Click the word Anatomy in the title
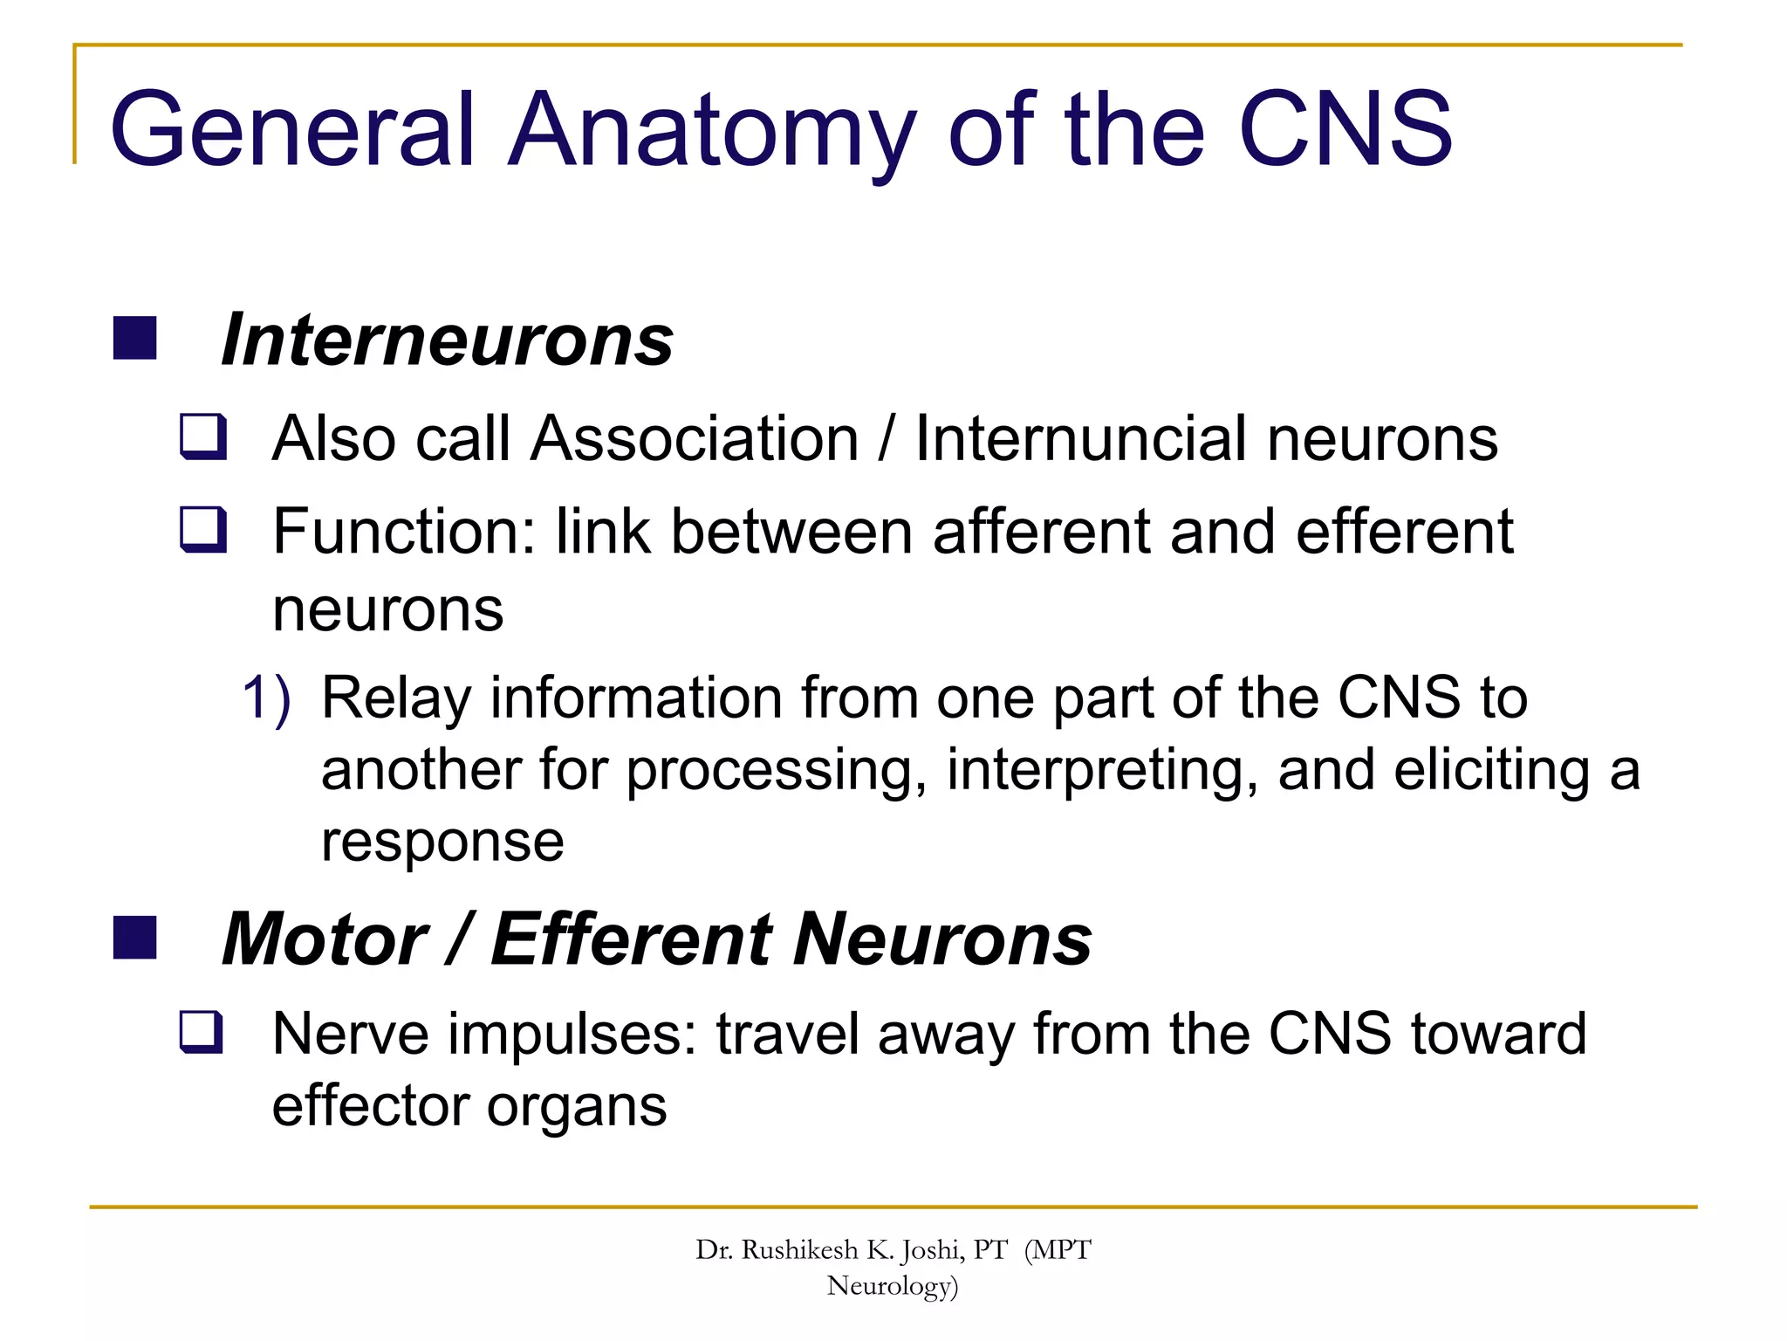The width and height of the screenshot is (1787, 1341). coord(711,131)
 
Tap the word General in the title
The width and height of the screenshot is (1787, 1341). coord(293,131)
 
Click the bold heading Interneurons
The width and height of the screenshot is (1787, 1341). coord(447,340)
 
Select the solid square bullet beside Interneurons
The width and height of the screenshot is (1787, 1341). coord(134,339)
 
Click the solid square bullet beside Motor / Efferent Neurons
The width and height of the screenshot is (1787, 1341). coord(134,938)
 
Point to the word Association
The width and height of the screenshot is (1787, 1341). coord(695,438)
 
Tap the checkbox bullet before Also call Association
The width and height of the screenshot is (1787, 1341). coord(203,437)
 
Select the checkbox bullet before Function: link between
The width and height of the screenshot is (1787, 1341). coord(203,530)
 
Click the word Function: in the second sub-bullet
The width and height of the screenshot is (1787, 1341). coord(404,532)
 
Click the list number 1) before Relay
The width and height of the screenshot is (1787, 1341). coord(266,698)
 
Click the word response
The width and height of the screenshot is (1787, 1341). coord(442,843)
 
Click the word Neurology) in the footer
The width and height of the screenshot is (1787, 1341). coord(893,1286)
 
